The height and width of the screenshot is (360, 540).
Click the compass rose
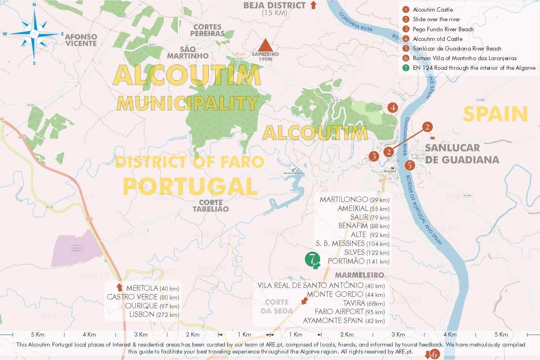34,34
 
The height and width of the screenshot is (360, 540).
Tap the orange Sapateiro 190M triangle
265,45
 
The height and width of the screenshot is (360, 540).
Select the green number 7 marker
312,259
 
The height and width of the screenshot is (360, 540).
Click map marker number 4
393,108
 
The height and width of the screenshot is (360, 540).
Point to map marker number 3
373,156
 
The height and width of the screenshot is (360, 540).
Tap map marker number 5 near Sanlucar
409,165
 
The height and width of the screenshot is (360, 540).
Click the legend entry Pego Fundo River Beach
443,29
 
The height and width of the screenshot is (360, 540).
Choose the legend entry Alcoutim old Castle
437,39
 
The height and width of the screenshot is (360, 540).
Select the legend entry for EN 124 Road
474,68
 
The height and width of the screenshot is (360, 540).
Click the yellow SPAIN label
495,114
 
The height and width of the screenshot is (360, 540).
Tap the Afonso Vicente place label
81,40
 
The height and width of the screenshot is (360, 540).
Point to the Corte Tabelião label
211,206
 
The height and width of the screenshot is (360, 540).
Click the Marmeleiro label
359,275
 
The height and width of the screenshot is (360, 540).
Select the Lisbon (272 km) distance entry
154,315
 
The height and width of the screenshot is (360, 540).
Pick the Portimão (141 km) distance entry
358,261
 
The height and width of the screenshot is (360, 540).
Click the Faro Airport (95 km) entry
349,312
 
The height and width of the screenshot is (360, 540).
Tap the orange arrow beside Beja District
313,5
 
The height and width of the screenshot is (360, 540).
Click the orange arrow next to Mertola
120,287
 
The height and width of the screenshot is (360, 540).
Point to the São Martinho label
188,52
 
